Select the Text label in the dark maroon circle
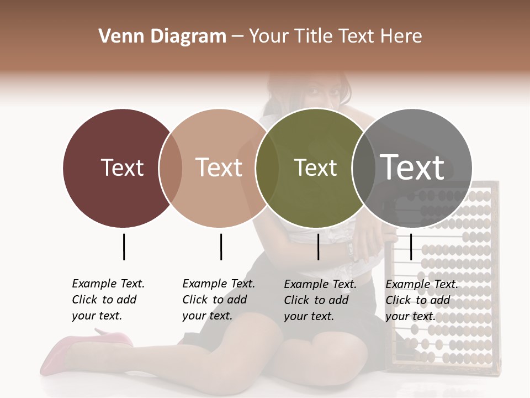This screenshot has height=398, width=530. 122,167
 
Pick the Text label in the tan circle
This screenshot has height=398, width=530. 219,167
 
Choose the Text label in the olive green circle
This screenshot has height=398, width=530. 315,167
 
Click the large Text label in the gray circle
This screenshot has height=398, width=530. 412,167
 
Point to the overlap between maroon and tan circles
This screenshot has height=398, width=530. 171,168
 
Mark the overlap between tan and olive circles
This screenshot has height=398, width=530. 267,168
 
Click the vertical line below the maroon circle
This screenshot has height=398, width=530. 124,247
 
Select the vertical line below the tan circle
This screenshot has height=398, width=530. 221,247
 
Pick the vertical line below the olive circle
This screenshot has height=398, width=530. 318,247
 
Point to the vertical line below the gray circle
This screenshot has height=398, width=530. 411,247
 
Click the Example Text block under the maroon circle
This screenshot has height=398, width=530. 108,300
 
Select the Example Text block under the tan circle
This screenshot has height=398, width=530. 218,300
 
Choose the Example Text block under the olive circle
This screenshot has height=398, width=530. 320,300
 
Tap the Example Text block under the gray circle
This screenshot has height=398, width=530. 421,300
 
